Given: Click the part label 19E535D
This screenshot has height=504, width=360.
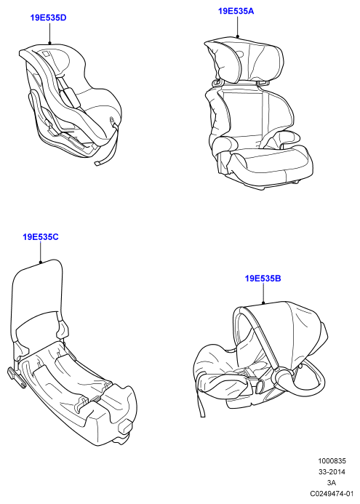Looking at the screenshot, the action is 48,17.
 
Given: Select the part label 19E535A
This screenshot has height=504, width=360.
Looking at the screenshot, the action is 236,11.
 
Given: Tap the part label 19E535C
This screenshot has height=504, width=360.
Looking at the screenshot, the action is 41,237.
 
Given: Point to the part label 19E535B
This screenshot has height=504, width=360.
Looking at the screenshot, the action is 263,278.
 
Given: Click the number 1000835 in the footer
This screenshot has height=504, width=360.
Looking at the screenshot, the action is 332,461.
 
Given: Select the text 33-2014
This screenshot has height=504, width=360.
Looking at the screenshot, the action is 332,472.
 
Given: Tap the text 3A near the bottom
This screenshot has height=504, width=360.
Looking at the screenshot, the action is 332,482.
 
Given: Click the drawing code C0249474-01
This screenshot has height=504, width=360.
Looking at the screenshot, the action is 332,493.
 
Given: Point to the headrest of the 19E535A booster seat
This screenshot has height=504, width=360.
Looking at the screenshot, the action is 244,61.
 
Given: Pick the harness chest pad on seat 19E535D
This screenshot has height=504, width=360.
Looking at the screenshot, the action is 72,97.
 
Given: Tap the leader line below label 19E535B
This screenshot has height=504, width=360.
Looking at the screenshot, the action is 263,293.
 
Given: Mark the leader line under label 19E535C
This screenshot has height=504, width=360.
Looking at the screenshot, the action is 41,252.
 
